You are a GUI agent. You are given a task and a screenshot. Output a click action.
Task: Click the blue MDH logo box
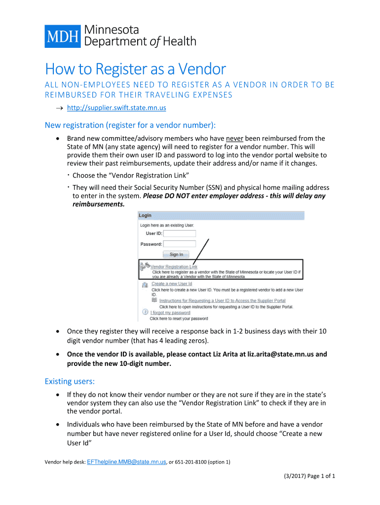(x=63, y=36)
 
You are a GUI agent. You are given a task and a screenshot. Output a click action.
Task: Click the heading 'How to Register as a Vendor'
(x=135, y=69)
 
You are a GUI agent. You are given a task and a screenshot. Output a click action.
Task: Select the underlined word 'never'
(x=235, y=139)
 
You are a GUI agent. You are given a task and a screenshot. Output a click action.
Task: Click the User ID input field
(x=180, y=233)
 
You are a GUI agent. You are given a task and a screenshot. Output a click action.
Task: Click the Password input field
(x=180, y=244)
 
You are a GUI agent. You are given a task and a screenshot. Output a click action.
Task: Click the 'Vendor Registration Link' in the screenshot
(x=174, y=266)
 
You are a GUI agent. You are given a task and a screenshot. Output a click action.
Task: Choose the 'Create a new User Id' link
(x=172, y=284)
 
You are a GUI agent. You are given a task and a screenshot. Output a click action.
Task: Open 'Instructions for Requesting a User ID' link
(x=222, y=300)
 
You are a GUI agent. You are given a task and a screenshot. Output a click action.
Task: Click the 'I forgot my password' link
(x=171, y=312)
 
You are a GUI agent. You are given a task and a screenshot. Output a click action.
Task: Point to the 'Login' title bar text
(x=145, y=216)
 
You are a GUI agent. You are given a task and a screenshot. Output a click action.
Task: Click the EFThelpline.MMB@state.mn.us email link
(x=126, y=462)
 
